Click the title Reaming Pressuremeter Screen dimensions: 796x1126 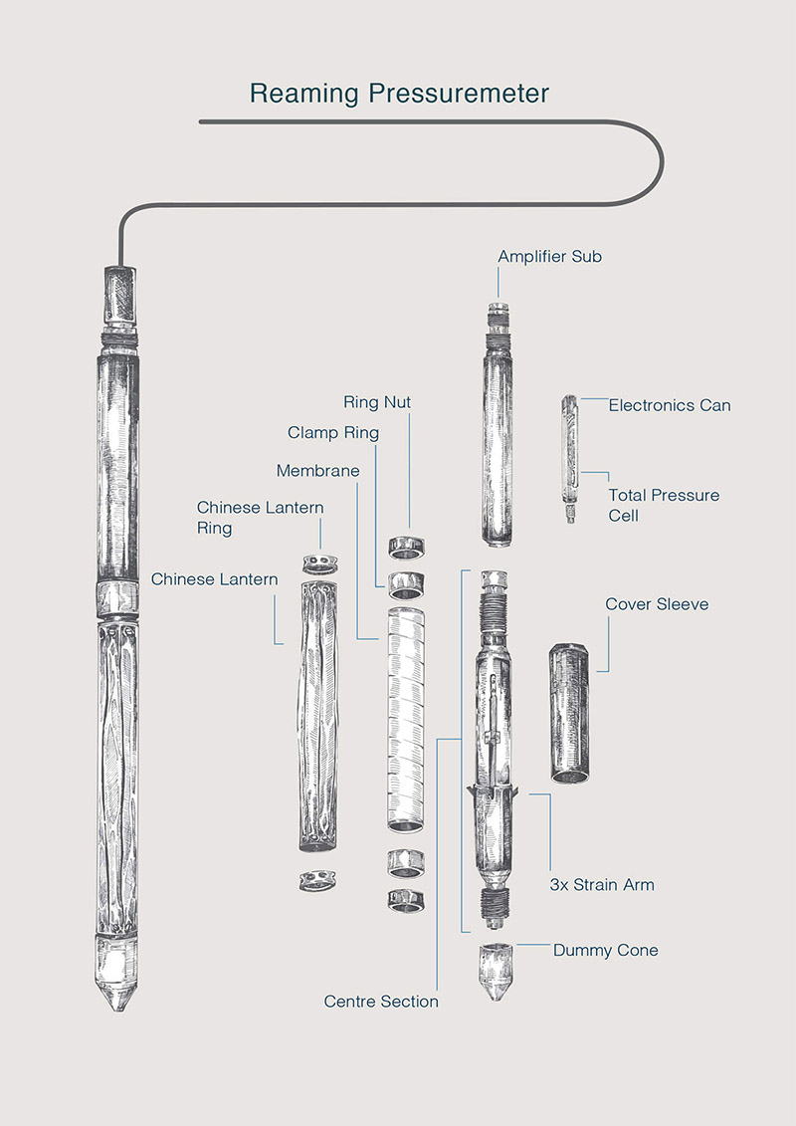(x=399, y=94)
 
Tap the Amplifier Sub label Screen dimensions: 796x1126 (x=550, y=257)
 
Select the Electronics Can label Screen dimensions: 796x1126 (x=670, y=405)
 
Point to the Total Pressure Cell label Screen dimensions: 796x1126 (x=664, y=505)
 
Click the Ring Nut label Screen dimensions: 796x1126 (x=377, y=402)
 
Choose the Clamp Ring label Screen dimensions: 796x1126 (x=333, y=433)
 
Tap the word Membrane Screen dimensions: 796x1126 (x=318, y=471)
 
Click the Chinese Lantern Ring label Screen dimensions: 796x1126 (x=260, y=518)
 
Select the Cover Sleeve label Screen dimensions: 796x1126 (x=657, y=604)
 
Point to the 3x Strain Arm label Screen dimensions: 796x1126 (x=602, y=885)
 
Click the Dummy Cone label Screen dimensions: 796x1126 (x=605, y=951)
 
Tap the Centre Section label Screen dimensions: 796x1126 (x=381, y=1002)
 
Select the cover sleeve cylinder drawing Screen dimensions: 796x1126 (x=569, y=713)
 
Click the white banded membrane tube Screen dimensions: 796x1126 (x=406, y=720)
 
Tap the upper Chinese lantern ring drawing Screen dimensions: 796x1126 (x=320, y=563)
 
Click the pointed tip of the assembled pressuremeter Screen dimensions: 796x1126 (x=117, y=1010)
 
